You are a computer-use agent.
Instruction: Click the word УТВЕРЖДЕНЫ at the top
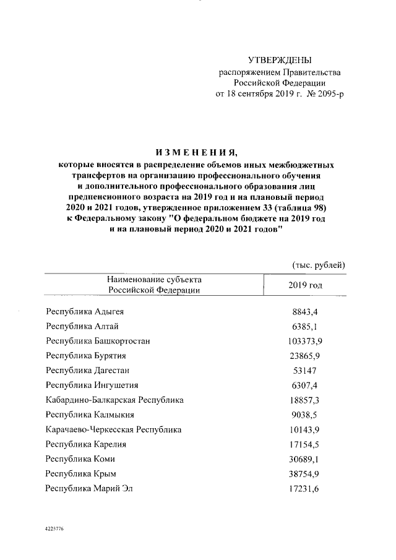(x=280, y=60)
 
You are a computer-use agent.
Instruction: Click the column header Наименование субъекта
(x=154, y=280)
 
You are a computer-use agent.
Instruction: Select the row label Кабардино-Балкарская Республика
(x=114, y=400)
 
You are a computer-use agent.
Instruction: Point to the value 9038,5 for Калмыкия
(x=305, y=415)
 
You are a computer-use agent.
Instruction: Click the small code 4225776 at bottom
(x=54, y=530)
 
